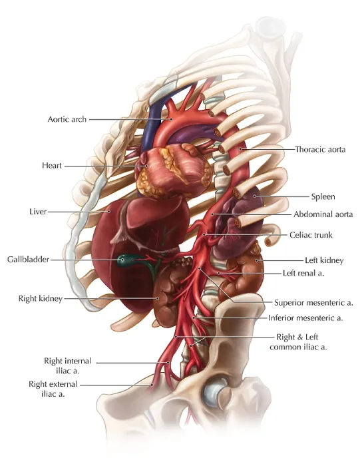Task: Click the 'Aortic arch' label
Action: [67, 119]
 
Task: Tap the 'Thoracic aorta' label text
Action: [320, 149]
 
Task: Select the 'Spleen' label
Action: [323, 196]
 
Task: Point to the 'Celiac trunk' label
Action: [311, 235]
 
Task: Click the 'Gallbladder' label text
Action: [28, 260]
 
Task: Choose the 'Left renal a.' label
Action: [303, 273]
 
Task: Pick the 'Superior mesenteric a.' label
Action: [313, 302]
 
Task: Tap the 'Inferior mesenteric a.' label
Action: [305, 318]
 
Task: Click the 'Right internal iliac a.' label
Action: [68, 366]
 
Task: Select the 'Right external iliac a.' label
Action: [53, 389]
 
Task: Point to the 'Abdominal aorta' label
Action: [323, 214]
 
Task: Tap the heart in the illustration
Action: [174, 171]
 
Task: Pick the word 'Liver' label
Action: [38, 212]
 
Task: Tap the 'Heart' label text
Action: [52, 166]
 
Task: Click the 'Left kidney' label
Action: [324, 260]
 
